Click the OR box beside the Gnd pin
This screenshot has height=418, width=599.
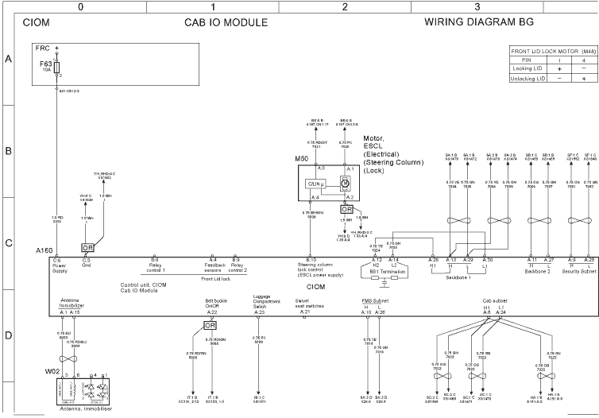pyautogui.click(x=87, y=247)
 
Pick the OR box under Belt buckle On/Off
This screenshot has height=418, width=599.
pyautogui.click(x=211, y=325)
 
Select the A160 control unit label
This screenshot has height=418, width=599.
pyautogui.click(x=44, y=251)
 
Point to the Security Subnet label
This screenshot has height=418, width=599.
pyautogui.click(x=578, y=271)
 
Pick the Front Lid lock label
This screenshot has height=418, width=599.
pyautogui.click(x=214, y=279)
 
